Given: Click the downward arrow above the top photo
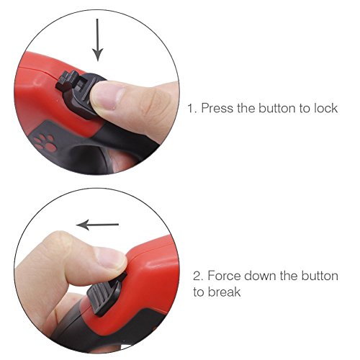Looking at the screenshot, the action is tap(97, 40).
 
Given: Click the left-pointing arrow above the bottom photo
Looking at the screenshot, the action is tap(97, 225).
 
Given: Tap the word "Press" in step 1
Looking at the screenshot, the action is tap(217, 108).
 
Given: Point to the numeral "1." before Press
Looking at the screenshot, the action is tap(192, 108).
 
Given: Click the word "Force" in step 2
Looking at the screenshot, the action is tap(224, 276).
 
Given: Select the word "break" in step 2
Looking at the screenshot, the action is tap(224, 292).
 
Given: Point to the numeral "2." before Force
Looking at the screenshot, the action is tap(198, 276).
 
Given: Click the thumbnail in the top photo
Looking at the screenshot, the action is tap(107, 96).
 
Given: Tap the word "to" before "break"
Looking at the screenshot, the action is tap(198, 292).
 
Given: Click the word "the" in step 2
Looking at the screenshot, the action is tap(289, 276).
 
